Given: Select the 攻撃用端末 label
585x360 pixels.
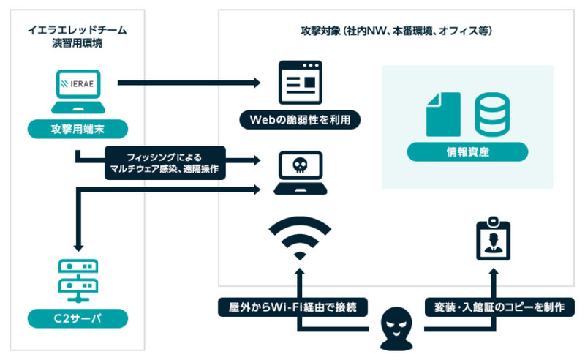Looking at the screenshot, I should (78, 130).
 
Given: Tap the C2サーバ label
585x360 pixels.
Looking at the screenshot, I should (78, 318).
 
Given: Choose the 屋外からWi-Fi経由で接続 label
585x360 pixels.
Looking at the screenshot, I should (292, 307).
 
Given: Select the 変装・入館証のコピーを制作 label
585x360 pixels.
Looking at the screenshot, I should (494, 307).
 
